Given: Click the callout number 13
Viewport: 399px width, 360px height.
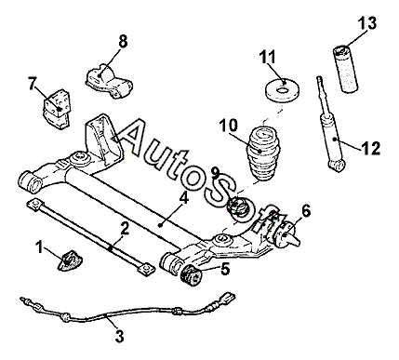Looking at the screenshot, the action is [367, 22].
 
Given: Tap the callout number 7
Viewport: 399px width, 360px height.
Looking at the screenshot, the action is [32, 84].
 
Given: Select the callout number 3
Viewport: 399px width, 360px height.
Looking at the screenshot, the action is [120, 336].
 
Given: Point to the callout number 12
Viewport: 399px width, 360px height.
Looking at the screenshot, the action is [370, 149].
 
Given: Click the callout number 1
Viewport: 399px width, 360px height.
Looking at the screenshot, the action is [39, 247].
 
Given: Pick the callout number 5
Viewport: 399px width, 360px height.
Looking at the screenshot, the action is [225, 269].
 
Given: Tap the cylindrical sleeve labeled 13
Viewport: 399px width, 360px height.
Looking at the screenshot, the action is [345, 69].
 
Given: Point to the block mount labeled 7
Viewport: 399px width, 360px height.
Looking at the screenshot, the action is [57, 108].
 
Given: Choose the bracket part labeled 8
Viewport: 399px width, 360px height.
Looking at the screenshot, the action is [108, 82].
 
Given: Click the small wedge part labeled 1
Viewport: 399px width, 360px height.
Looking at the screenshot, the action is [71, 260].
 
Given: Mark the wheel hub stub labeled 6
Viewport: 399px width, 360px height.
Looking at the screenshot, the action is [286, 235].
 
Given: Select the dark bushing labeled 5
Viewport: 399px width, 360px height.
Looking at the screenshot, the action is [191, 274].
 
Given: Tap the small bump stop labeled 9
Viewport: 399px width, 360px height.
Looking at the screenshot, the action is [237, 207].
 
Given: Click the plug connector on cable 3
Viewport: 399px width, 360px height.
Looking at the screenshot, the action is [228, 298].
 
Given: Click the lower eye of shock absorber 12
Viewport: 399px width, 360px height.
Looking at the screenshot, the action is [337, 165].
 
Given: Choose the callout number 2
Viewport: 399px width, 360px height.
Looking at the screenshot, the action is [125, 230].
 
